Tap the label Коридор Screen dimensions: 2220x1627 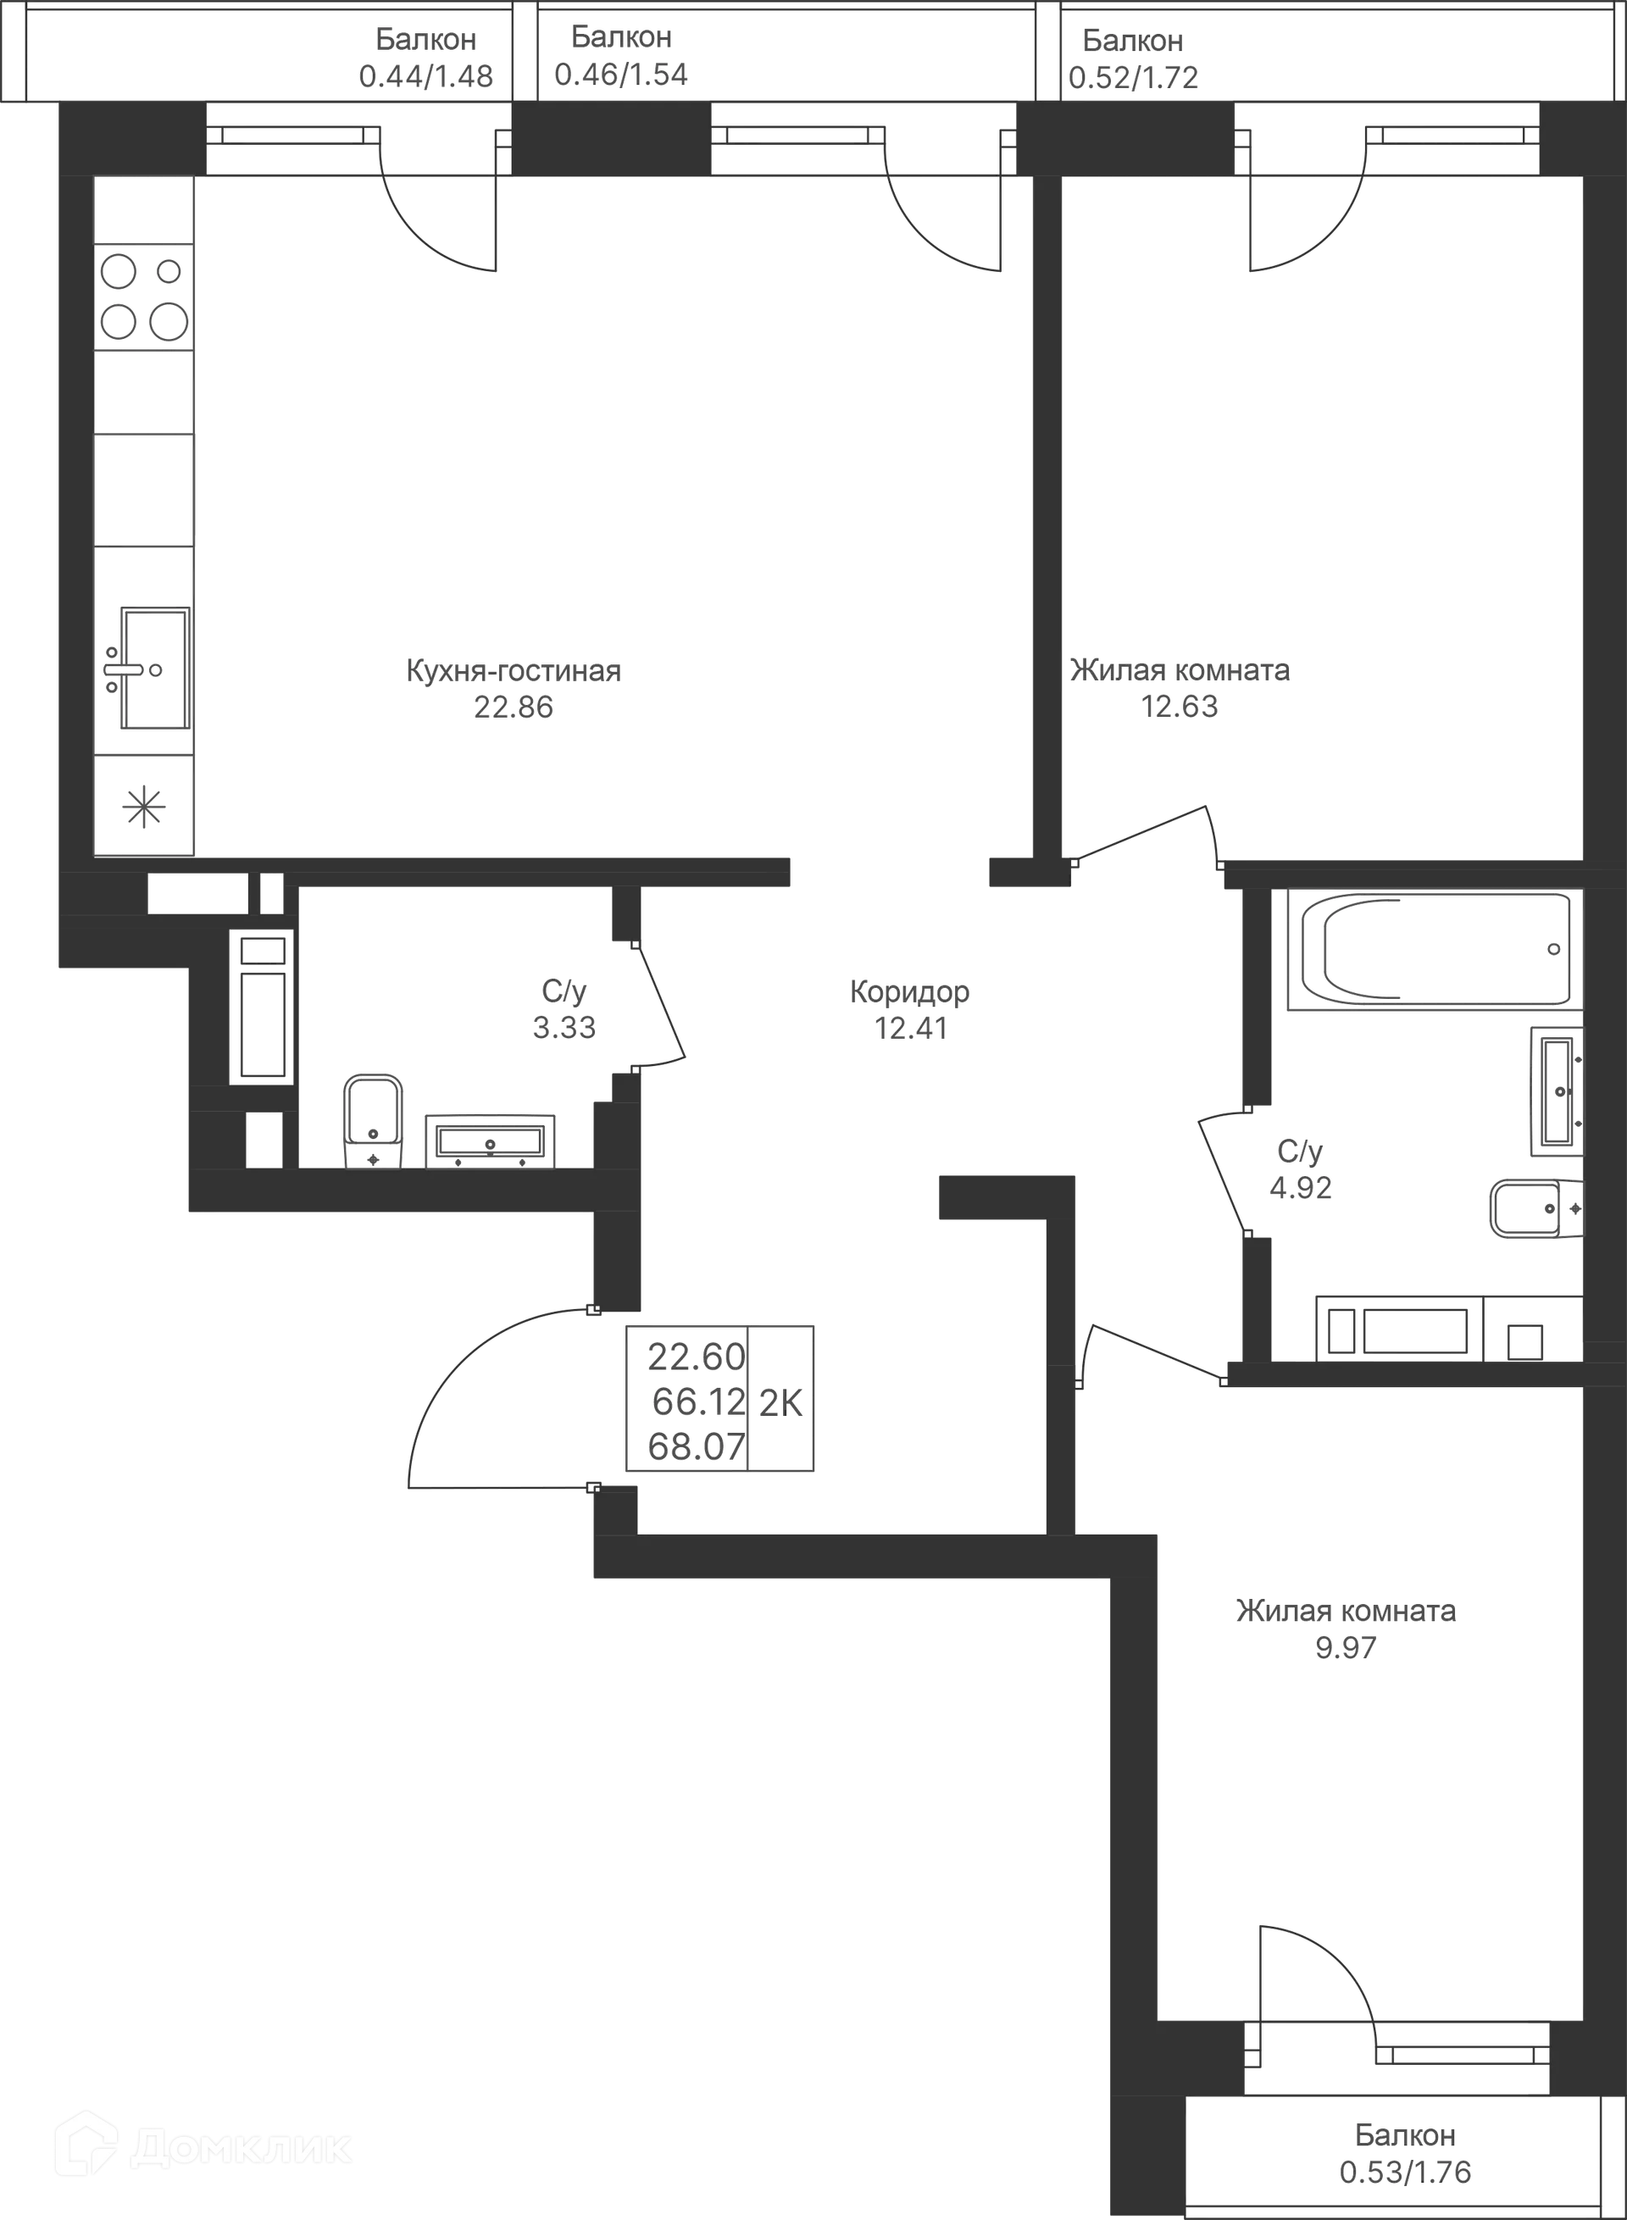click(910, 993)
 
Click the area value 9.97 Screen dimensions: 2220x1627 click(1347, 1646)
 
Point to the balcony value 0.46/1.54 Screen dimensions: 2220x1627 click(621, 74)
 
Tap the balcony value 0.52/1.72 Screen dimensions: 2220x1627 click(1134, 76)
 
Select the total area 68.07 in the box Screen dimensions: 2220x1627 click(694, 1447)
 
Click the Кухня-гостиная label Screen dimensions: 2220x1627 click(512, 671)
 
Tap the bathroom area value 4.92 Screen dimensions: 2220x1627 click(1300, 1189)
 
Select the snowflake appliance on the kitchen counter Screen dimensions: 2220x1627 click(143, 806)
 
